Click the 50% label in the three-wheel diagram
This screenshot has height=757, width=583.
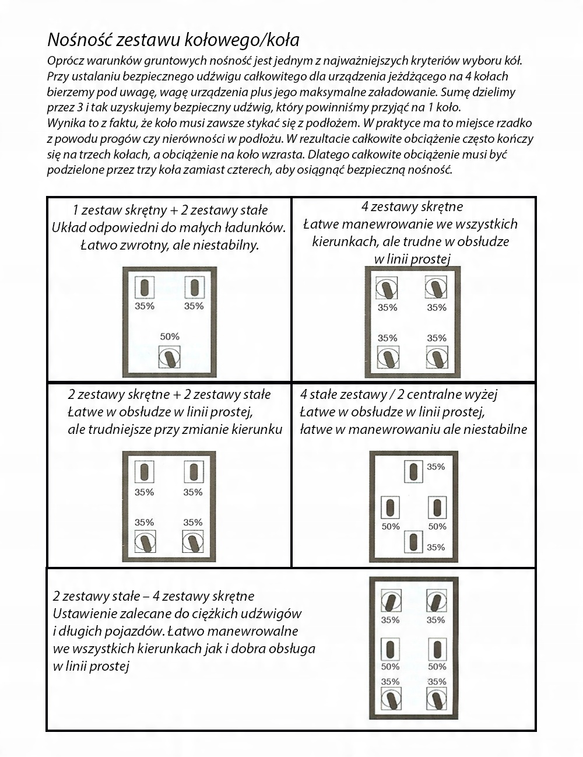(170, 337)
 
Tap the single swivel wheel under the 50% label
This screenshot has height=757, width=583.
(170, 357)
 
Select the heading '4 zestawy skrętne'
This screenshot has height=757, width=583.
(412, 206)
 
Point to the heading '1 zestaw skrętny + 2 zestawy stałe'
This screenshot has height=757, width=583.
(170, 210)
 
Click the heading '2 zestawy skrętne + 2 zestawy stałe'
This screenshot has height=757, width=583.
(169, 394)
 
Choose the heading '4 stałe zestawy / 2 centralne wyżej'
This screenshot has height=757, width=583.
(399, 394)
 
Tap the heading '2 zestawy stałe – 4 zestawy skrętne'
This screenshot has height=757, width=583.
(153, 596)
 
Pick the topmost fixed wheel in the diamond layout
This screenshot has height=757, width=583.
(413, 471)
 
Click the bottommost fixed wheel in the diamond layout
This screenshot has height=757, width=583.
(413, 542)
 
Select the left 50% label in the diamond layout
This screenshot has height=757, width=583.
(390, 527)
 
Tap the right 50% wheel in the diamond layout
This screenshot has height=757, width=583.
(437, 507)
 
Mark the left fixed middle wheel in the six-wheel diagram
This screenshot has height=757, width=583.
(390, 649)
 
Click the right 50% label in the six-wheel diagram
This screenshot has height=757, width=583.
(437, 667)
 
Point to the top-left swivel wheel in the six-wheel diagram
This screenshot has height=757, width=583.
(391, 600)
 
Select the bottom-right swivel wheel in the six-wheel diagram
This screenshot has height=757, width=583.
(437, 698)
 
